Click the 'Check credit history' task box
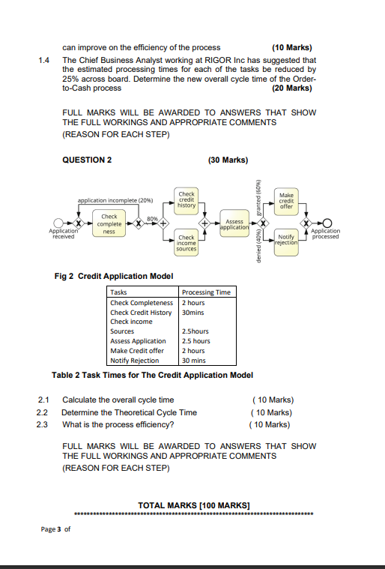[x=187, y=199]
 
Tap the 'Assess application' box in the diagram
[x=234, y=224]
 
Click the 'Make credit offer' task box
[x=286, y=200]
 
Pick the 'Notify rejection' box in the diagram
[x=286, y=239]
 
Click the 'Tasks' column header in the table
[x=118, y=292]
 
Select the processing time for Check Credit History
[x=193, y=312]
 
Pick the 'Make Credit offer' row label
[x=137, y=350]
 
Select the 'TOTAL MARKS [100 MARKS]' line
[x=193, y=505]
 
